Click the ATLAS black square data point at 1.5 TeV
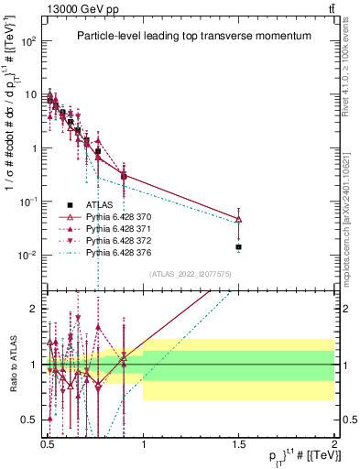[239, 247]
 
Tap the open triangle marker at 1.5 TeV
[239, 220]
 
